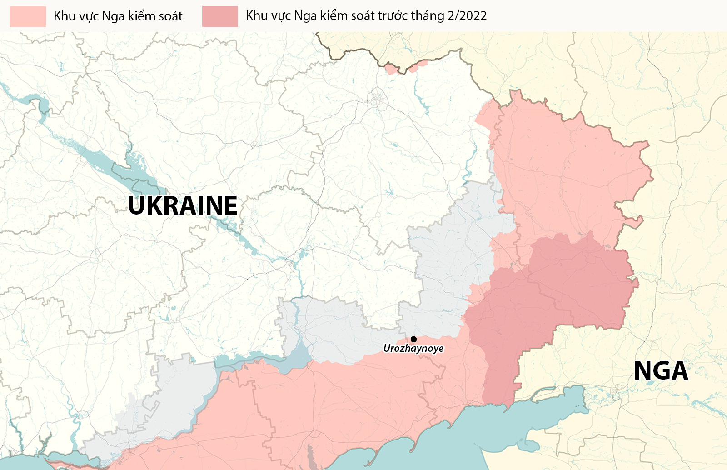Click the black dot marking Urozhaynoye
tap(413, 339)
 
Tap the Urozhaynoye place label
tap(413, 349)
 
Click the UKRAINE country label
tap(183, 205)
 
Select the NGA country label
tap(661, 370)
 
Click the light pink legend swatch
tap(28, 16)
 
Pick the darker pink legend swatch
tap(220, 16)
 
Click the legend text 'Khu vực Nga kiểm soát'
tap(118, 16)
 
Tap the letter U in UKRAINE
tap(137, 205)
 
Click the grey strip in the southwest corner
tap(150, 409)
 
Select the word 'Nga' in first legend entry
tap(113, 16)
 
